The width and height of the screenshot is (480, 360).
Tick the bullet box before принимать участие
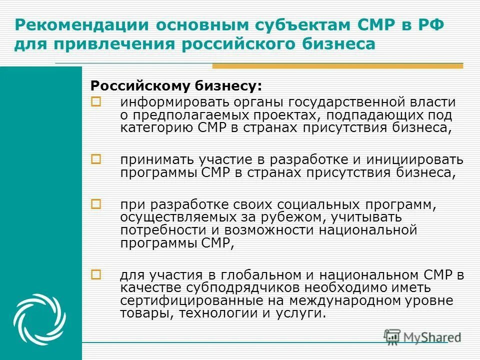point(95,158)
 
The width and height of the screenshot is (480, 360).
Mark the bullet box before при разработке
point(95,203)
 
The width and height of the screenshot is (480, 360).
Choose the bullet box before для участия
point(95,274)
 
